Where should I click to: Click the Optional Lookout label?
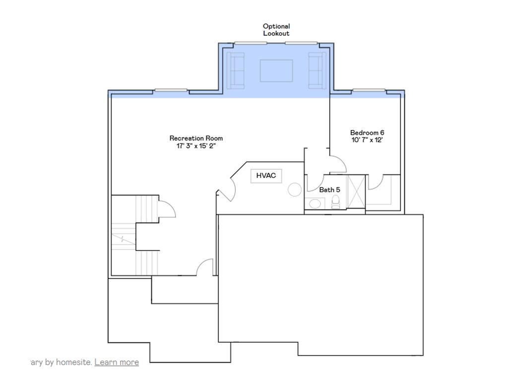[276, 30]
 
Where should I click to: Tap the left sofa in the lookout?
[235, 70]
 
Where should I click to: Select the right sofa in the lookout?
[316, 70]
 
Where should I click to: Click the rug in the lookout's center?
[276, 70]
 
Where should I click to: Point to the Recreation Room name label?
[196, 138]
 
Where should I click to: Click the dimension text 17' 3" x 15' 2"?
[196, 146]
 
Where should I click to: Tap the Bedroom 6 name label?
[367, 132]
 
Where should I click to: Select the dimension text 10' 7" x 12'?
[367, 140]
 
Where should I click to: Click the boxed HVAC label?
[266, 176]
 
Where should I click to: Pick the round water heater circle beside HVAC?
[295, 189]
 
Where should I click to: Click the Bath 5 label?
[329, 190]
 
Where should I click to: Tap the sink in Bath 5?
[314, 203]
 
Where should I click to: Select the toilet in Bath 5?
[336, 201]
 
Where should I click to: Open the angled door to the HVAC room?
[226, 188]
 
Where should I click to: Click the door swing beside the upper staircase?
[167, 209]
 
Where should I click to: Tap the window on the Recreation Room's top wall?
[171, 91]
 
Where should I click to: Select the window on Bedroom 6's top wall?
[369, 91]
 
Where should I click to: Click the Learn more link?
[117, 362]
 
